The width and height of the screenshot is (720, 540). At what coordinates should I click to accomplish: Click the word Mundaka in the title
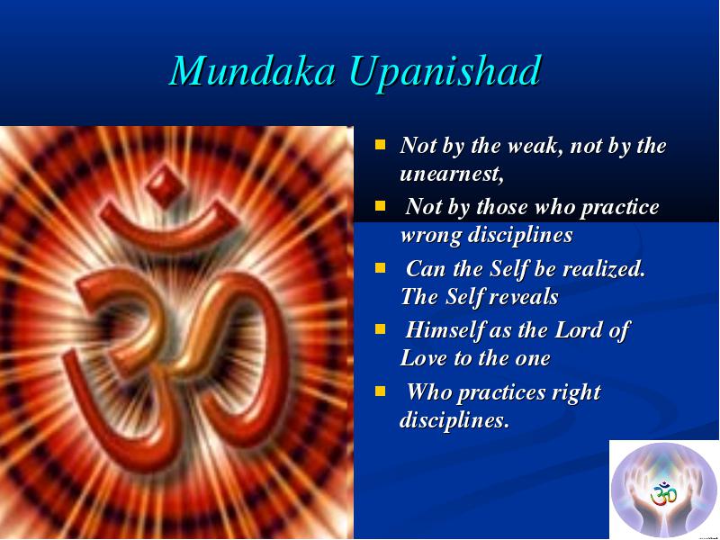(x=253, y=70)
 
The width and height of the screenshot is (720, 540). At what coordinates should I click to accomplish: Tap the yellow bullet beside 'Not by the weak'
(x=380, y=145)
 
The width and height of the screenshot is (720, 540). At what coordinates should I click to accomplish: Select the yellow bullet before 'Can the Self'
(x=380, y=267)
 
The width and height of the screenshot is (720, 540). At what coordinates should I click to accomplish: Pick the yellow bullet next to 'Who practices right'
(x=380, y=391)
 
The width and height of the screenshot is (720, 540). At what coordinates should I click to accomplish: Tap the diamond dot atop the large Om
(x=166, y=186)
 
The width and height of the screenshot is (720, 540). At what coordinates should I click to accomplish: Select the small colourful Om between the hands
(x=663, y=493)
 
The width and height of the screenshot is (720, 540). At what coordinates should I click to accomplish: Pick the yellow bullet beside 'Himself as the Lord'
(x=380, y=329)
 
